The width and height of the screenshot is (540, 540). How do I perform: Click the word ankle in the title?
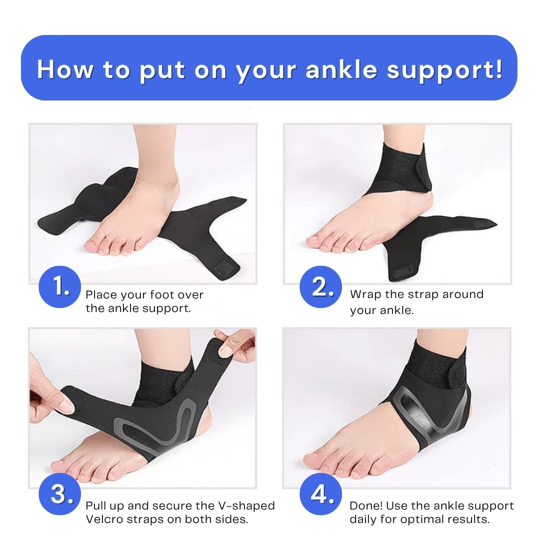340,69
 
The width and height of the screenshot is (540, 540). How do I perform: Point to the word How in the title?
65,69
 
